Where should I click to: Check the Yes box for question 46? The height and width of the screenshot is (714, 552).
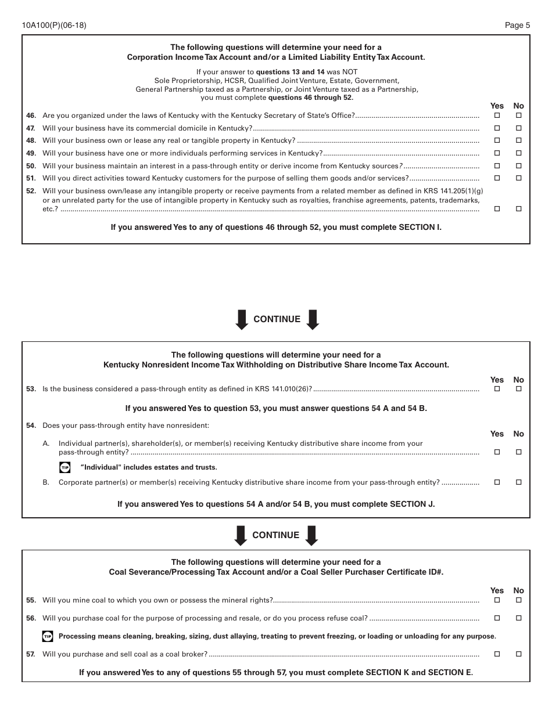coord(497,116)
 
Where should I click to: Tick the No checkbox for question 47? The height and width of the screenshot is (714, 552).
coord(519,128)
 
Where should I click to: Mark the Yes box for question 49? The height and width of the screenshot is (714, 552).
coord(497,153)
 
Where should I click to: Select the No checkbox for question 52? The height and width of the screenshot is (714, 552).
coord(519,209)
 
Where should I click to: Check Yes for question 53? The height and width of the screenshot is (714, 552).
coord(497,389)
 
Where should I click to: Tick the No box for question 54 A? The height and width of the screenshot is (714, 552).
coord(519,452)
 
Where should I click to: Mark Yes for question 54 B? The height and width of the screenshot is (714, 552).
coord(497,482)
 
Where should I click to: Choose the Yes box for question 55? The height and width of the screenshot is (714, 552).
coord(497,600)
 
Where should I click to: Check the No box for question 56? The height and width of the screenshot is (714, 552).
coord(519,619)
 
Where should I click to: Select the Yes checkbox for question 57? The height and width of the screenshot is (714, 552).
coord(497,654)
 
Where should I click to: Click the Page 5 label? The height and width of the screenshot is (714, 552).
coord(517,25)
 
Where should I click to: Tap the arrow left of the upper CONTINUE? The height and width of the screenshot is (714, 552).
coord(242,320)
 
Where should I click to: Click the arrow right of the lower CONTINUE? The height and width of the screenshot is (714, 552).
coord(311,535)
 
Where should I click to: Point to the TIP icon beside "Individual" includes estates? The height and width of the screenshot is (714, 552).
coord(65,467)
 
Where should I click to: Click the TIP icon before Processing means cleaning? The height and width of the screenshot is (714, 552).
coord(48,637)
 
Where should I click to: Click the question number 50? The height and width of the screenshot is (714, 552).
coord(31,166)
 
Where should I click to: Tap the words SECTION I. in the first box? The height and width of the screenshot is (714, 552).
coord(420,228)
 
